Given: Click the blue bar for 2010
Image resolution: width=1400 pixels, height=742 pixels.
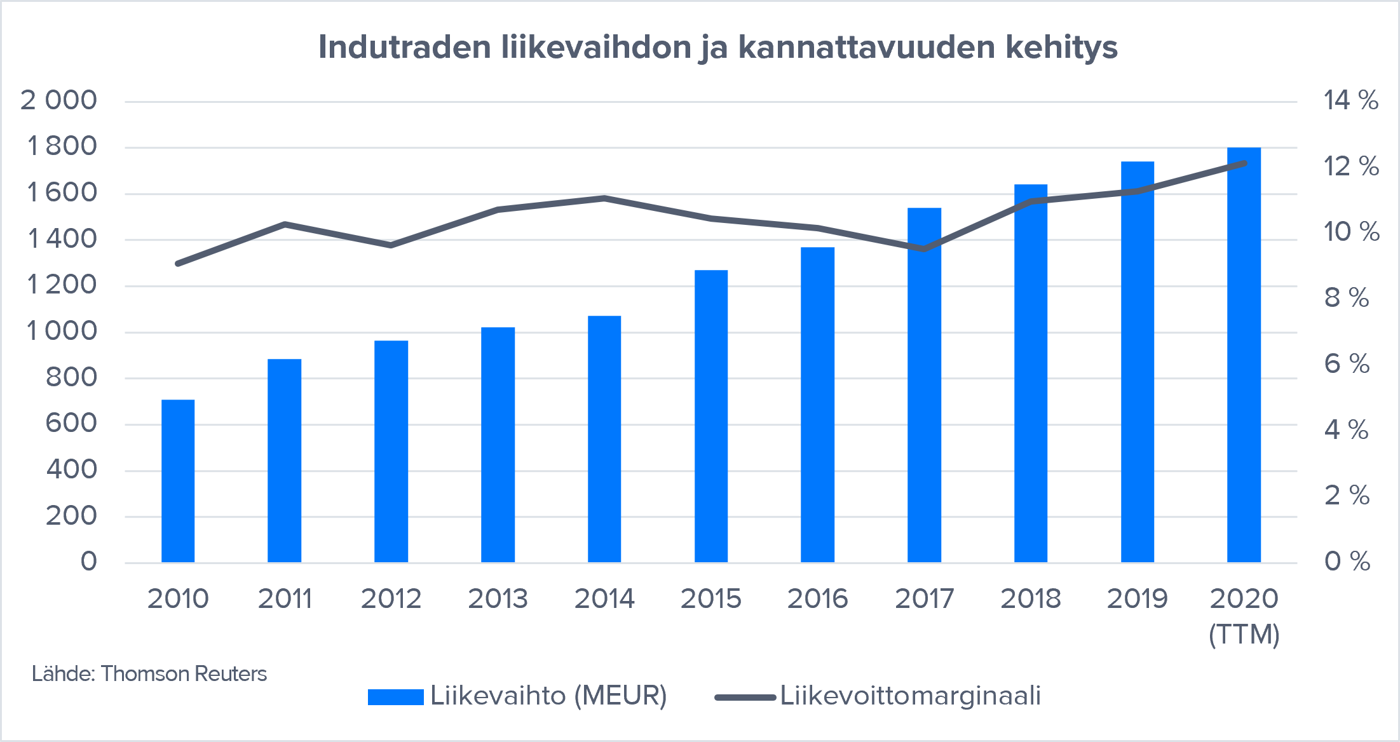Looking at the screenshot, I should tap(178, 481).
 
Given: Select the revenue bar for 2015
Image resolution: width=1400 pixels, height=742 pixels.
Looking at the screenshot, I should tap(711, 416).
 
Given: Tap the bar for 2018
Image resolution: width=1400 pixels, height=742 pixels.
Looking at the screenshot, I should tap(1031, 374).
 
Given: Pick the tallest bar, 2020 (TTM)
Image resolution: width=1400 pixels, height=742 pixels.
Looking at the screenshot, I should tap(1244, 354).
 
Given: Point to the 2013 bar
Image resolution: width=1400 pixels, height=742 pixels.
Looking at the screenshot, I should tap(498, 445).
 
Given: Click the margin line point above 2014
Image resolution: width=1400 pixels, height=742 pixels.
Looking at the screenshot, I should tap(604, 198).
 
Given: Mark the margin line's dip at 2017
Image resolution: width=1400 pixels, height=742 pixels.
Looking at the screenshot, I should tap(924, 248).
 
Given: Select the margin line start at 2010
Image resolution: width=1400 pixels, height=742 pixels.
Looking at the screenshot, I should tap(178, 263).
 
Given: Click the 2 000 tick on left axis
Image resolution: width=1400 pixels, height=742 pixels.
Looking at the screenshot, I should tap(58, 100).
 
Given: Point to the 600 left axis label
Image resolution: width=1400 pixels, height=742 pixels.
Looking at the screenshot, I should tap(71, 423).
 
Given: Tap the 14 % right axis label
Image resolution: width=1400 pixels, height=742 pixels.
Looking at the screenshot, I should tap(1350, 100).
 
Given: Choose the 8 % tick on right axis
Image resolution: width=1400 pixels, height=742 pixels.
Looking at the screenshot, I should tap(1346, 297).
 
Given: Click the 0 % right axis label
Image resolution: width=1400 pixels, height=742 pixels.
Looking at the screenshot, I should tap(1347, 562).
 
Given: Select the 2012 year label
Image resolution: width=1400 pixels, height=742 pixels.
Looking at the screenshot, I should tap(391, 598).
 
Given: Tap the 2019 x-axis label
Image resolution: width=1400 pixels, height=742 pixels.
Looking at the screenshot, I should tap(1137, 598).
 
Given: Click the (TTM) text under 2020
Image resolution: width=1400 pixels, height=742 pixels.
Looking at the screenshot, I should tap(1244, 634).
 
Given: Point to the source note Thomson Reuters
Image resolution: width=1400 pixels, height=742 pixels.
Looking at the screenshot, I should tap(184, 673).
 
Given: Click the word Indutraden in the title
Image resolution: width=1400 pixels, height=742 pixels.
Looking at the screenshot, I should tap(405, 47).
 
